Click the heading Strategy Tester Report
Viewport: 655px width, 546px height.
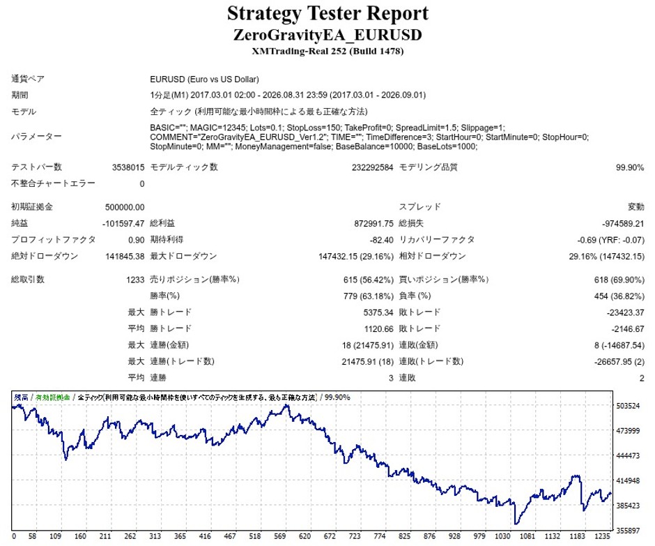pos(327,13)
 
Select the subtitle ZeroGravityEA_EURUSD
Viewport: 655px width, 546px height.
pos(327,35)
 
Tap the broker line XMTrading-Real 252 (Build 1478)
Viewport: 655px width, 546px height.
pos(327,52)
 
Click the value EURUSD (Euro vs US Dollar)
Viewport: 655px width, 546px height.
pos(204,79)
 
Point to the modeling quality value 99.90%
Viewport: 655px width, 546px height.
pos(629,167)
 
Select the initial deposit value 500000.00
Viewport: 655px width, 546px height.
pos(125,207)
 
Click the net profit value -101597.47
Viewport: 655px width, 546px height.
pos(123,224)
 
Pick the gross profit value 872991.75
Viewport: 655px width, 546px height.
pos(373,224)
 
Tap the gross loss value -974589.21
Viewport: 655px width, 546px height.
pos(623,224)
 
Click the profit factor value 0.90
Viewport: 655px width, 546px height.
pos(136,240)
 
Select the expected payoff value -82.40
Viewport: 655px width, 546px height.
pos(381,240)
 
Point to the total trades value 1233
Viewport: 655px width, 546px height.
pos(135,280)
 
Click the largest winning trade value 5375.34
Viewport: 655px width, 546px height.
pos(378,312)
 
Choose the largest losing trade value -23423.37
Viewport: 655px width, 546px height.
pos(625,312)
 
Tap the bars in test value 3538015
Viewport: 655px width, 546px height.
pos(128,167)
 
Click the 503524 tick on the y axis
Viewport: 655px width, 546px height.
pos(628,406)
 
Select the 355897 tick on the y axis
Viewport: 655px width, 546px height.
pos(628,531)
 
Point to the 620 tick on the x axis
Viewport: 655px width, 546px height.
pos(305,536)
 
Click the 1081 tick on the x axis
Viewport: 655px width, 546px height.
pos(527,536)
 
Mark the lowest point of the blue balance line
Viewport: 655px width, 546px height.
pos(516,524)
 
